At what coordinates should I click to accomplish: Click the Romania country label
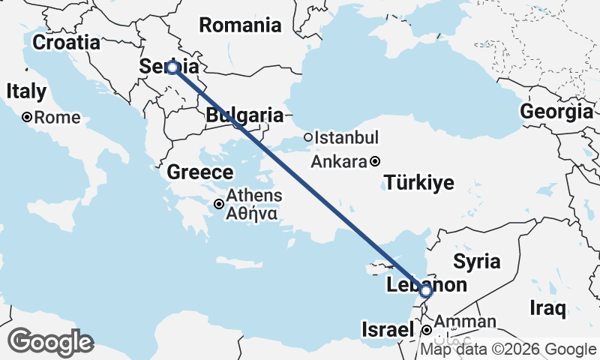click(239, 25)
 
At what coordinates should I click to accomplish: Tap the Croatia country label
click(67, 42)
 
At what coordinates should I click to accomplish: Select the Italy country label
click(26, 91)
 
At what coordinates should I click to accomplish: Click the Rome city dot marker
click(26, 117)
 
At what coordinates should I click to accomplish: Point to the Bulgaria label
click(244, 115)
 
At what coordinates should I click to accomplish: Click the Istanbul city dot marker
click(308, 137)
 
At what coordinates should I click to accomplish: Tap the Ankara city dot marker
click(375, 160)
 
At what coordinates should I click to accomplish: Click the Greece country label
click(199, 172)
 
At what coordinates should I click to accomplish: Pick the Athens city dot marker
click(219, 203)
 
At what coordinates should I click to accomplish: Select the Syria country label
click(476, 262)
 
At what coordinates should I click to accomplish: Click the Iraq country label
click(547, 307)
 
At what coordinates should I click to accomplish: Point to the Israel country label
click(387, 330)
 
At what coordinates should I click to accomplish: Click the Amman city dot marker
click(426, 330)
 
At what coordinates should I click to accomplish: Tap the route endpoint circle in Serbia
click(172, 67)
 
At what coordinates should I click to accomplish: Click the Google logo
click(50, 342)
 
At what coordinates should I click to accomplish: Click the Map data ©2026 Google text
click(508, 349)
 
